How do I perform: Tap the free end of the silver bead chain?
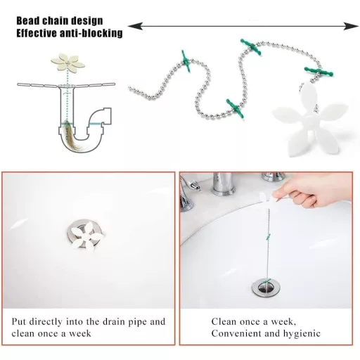[131, 89]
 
